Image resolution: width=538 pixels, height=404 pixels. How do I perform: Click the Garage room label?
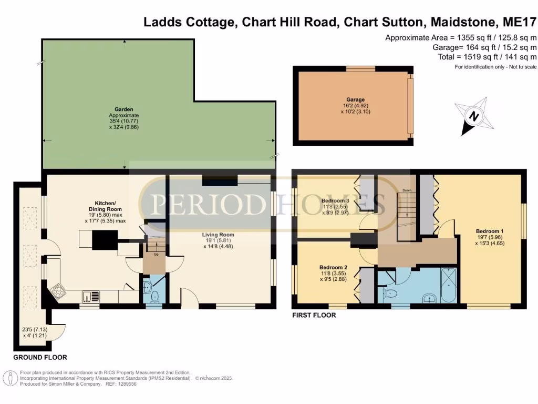[x=355, y=99]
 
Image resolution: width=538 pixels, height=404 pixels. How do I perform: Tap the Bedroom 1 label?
[x=489, y=231]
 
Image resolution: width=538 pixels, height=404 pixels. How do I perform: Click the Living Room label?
[x=220, y=235]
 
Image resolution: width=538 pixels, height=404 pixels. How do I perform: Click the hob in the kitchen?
[x=56, y=290]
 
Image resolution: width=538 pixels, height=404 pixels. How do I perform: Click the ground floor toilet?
[x=154, y=297]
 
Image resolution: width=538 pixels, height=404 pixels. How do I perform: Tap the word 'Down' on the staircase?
[x=407, y=190]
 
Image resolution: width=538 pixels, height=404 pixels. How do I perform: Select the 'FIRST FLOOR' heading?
[x=314, y=316]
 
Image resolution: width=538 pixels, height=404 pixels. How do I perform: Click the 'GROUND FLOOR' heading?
[x=40, y=357]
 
